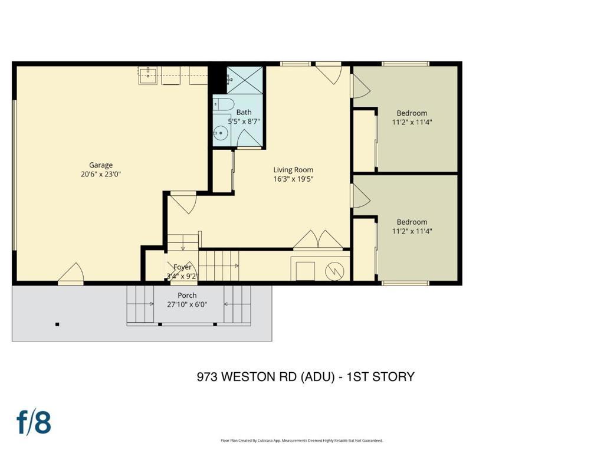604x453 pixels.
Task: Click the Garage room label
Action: coord(101,165)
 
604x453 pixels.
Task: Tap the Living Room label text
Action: coord(293,170)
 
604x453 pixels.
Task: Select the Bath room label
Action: coord(244,112)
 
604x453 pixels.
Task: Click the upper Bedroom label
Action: coord(412,113)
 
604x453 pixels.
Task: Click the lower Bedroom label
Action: coord(412,222)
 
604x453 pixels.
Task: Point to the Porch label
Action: coord(187,296)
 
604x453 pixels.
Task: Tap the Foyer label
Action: coord(182,267)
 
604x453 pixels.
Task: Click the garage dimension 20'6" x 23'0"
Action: coord(101,174)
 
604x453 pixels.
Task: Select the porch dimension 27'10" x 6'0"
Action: coord(187,304)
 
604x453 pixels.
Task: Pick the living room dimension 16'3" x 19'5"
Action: coord(293,179)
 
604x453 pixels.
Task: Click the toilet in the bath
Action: coord(224,104)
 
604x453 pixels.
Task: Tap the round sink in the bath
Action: coord(221,133)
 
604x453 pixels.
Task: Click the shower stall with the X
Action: coord(245,80)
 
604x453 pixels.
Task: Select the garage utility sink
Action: coord(148,75)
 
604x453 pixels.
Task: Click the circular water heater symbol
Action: coord(334,271)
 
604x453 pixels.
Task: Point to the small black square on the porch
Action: coord(57,324)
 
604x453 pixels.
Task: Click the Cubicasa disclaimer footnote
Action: coord(302,440)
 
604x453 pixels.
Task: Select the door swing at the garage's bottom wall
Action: coord(71,273)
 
